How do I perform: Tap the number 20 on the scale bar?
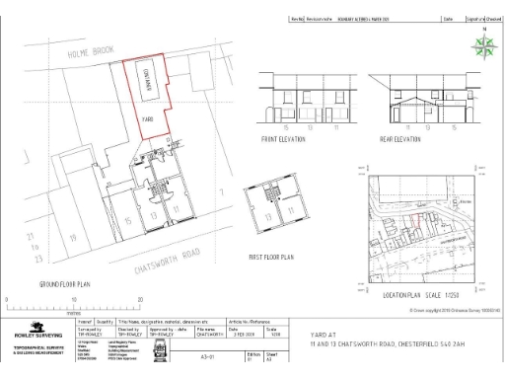pos(141,299)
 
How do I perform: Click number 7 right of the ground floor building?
pos(223,190)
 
